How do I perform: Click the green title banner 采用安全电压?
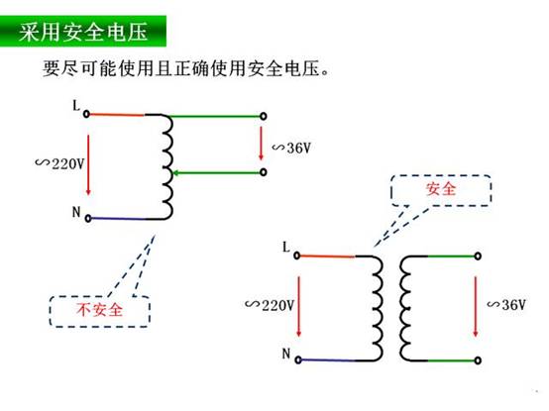coord(83,31)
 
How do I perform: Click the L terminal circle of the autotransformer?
coord(86,114)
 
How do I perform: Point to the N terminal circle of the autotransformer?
coord(88,218)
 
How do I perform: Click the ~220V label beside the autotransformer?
coord(59,163)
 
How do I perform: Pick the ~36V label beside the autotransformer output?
coord(291,148)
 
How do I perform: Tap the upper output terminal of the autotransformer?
coord(264,116)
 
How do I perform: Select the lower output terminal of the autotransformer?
coord(264,172)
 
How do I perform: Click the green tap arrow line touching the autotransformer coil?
coord(217,172)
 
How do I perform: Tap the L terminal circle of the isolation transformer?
coord(296,256)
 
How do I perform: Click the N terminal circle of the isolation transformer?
coord(298,360)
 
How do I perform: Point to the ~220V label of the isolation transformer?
coord(270,305)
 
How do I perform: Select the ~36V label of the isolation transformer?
coord(506,304)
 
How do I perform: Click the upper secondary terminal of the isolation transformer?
coord(478,257)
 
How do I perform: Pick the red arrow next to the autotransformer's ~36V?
coord(261,144)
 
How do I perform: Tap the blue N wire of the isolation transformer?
coord(328,360)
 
